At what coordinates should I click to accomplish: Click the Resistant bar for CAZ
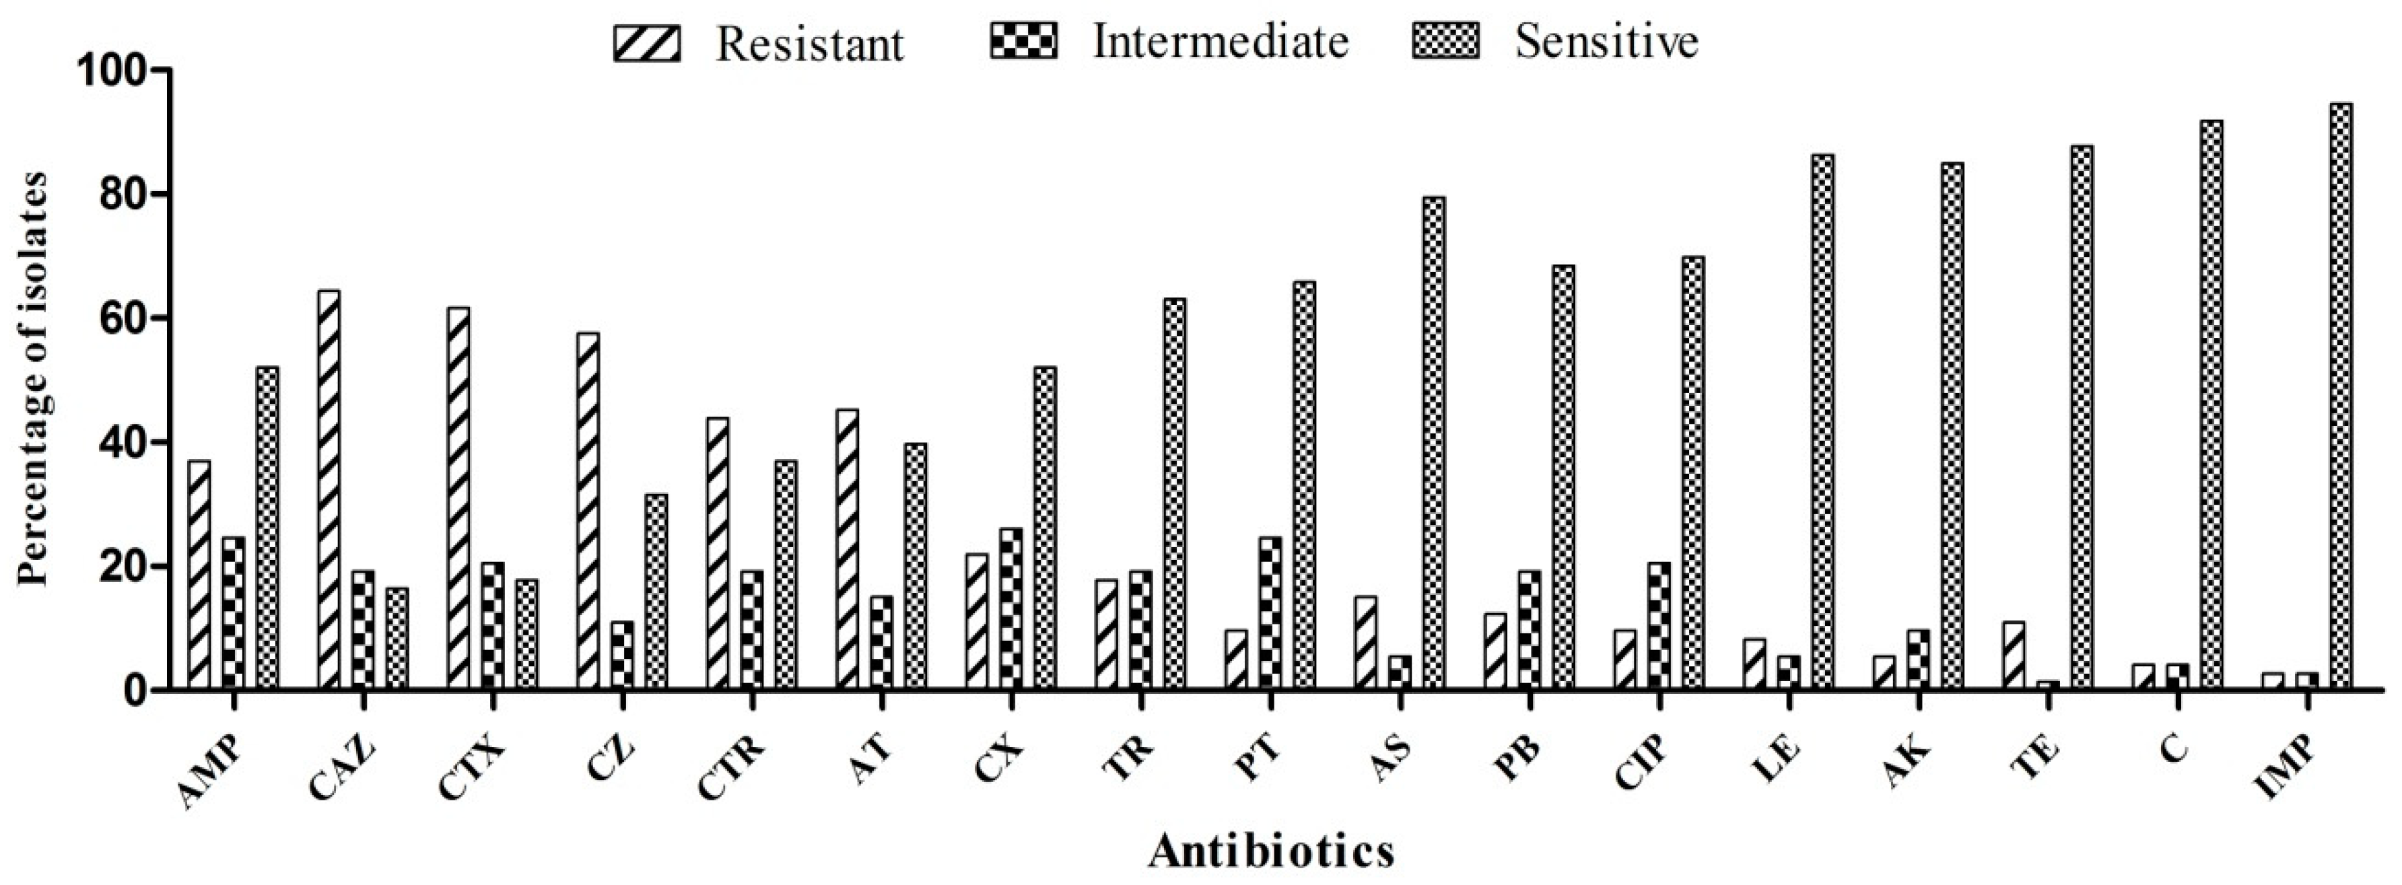329,489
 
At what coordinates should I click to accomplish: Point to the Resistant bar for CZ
588,511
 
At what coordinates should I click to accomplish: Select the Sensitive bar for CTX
527,634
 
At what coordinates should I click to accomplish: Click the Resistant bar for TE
2013,656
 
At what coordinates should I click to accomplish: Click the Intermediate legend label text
1221,42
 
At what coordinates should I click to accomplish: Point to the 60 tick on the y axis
158,318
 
